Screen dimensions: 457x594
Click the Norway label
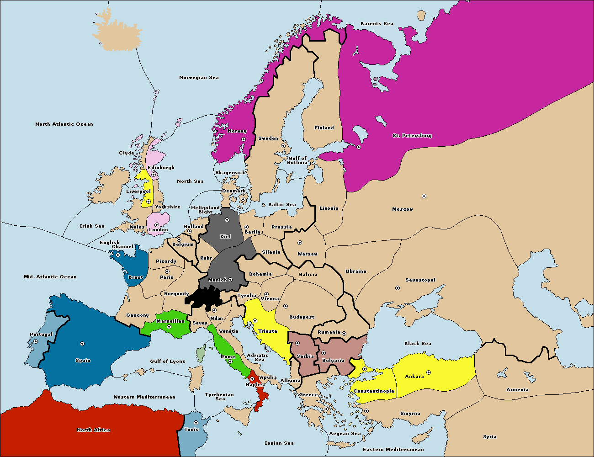point(237,131)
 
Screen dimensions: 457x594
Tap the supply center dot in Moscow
point(424,196)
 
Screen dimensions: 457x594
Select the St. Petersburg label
point(412,136)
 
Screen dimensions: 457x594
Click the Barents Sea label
point(377,24)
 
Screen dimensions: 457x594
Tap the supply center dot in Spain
point(82,344)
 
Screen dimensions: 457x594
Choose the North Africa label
point(93,430)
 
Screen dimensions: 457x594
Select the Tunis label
point(191,429)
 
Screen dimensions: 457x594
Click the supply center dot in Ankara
point(428,372)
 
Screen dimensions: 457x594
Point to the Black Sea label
point(417,344)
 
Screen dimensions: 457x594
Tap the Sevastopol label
point(420,280)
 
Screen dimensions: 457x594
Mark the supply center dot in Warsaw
point(300,243)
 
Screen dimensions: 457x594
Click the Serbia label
point(305,356)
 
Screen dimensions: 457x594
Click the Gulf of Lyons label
point(167,361)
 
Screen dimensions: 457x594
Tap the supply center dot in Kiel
point(227,220)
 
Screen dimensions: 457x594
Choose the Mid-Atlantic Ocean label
point(50,277)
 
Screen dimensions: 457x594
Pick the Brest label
point(136,277)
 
